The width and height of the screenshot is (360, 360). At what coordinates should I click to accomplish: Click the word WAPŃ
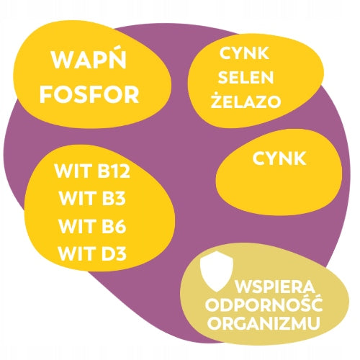[89, 59]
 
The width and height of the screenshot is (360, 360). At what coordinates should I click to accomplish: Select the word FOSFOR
[89, 95]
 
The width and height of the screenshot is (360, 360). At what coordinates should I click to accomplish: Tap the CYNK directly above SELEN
[244, 53]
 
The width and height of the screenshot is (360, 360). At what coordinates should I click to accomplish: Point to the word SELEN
[246, 77]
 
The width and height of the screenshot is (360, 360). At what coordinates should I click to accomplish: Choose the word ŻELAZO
[246, 100]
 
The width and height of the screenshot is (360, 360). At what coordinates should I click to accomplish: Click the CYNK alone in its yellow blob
[279, 158]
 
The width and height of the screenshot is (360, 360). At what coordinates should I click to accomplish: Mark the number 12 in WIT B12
[122, 171]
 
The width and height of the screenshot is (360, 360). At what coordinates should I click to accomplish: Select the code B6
[112, 226]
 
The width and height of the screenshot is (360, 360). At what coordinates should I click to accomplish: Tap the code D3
[112, 253]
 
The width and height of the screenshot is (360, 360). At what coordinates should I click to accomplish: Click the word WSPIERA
[275, 287]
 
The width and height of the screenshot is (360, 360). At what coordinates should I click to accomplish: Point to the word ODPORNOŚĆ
[264, 303]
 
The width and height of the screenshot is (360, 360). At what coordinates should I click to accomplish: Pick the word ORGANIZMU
[264, 323]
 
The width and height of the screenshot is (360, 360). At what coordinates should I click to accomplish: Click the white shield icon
[217, 271]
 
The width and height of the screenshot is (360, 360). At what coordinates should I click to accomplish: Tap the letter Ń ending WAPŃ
[117, 59]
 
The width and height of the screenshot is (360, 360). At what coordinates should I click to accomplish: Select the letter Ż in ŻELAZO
[217, 100]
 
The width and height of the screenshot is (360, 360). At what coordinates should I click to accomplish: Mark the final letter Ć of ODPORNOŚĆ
[317, 303]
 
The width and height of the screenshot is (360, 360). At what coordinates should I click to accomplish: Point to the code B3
[112, 198]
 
